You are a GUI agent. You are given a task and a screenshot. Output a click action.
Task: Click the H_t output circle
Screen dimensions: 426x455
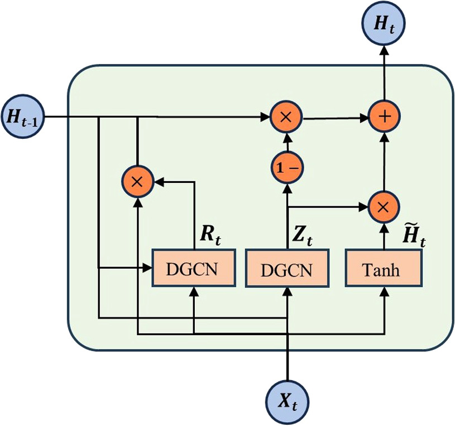tap(384, 24)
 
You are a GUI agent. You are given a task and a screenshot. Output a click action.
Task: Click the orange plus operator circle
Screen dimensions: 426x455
tap(384, 117)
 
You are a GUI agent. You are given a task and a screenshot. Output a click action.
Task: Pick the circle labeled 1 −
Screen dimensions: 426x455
tap(286, 166)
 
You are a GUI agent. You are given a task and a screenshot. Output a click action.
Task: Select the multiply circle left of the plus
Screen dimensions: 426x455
tap(286, 117)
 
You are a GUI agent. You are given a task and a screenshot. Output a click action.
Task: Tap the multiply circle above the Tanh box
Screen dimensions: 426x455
tap(384, 206)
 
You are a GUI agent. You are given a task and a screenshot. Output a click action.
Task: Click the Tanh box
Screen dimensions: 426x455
tap(383, 269)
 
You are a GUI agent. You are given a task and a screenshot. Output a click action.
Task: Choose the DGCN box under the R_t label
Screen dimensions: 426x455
tap(193, 269)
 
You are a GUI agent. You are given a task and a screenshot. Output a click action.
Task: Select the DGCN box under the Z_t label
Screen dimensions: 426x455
tap(286, 269)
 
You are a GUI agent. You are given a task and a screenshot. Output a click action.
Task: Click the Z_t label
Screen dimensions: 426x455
tap(302, 235)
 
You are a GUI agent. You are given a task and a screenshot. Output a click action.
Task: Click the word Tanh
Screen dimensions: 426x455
tap(382, 270)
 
